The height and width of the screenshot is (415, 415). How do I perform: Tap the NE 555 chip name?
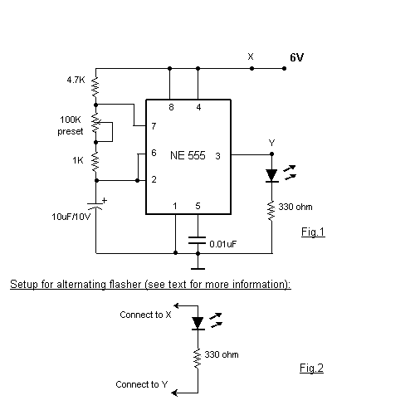pos(188,155)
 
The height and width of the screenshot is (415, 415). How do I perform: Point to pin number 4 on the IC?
pos(198,108)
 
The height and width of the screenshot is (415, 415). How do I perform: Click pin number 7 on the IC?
pos(154,127)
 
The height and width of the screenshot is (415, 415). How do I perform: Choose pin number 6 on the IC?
pos(154,154)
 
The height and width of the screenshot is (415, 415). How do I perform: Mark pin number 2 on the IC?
pos(154,179)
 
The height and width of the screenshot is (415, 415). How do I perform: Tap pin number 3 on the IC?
pos(217,155)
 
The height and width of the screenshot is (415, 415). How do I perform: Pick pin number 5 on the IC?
pos(198,206)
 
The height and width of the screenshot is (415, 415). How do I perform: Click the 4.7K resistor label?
pos(76,81)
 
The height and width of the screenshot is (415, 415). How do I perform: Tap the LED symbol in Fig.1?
pos(271,176)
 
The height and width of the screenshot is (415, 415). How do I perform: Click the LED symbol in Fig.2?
pos(198,323)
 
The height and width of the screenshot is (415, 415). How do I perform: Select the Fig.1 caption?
pos(313,232)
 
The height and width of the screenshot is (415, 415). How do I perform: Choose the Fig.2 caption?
pos(311,367)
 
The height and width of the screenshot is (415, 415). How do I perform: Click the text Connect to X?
pos(145,315)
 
